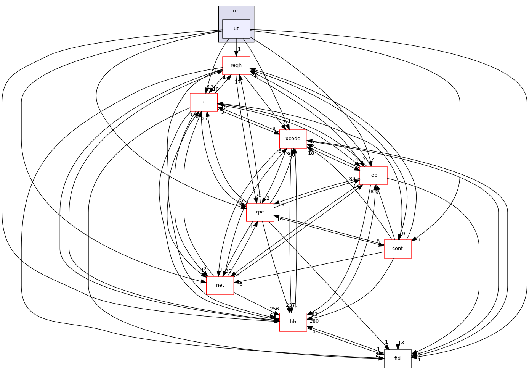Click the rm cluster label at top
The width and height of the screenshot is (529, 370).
pyautogui.click(x=236, y=11)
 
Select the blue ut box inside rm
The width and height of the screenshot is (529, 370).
pyautogui.click(x=236, y=29)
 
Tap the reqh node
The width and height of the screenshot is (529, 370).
pyautogui.click(x=236, y=65)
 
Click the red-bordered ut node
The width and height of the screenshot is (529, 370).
pyautogui.click(x=204, y=102)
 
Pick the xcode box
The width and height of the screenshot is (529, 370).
pyautogui.click(x=293, y=139)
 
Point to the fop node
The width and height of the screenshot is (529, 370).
pyautogui.click(x=373, y=175)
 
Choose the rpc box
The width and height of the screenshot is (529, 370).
pyautogui.click(x=260, y=212)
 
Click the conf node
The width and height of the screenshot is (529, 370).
pyautogui.click(x=398, y=249)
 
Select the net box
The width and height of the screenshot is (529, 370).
pyautogui.click(x=220, y=285)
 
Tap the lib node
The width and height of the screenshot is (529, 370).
pyautogui.click(x=293, y=322)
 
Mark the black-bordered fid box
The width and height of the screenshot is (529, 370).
pyautogui.click(x=398, y=359)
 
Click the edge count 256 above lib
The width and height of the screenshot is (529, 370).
pyautogui.click(x=274, y=309)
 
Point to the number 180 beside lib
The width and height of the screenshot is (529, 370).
pyautogui.click(x=314, y=321)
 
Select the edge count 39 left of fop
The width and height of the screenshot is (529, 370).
pyautogui.click(x=352, y=179)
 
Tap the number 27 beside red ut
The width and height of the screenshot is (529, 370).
pyautogui.click(x=204, y=119)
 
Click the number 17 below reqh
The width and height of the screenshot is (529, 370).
pyautogui.click(x=238, y=82)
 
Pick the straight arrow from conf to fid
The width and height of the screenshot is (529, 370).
pyautogui.click(x=398, y=305)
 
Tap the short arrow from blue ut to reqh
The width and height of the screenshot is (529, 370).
pyautogui.click(x=236, y=48)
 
